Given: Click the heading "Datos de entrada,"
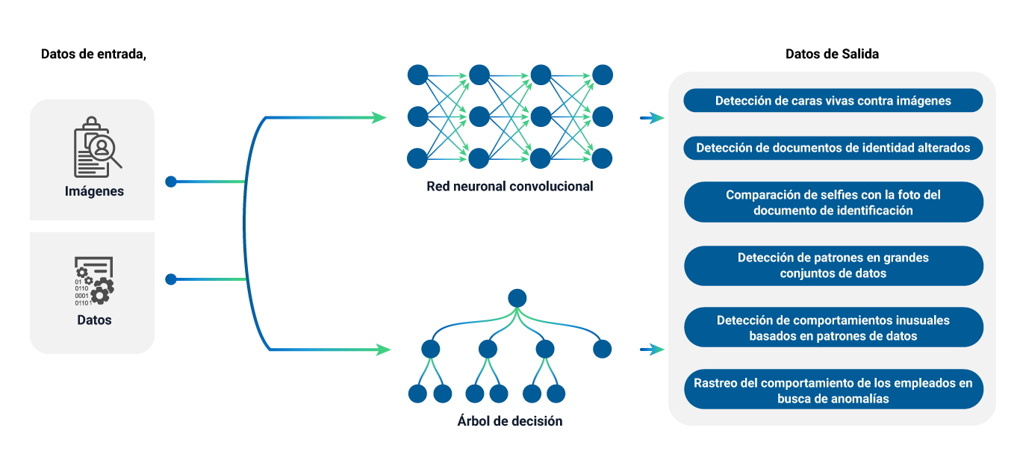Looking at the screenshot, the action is (93, 55).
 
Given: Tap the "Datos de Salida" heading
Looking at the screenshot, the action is (832, 55).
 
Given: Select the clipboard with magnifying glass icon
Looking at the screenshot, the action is (97, 147).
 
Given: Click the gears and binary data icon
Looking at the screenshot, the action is (94, 281).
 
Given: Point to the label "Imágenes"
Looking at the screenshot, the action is (94, 191).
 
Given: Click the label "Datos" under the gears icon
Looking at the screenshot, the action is (94, 320).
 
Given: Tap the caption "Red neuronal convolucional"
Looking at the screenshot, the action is (509, 186).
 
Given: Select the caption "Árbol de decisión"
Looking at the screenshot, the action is (509, 421).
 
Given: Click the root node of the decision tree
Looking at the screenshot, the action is (517, 299).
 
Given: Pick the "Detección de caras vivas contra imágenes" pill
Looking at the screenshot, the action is (833, 100).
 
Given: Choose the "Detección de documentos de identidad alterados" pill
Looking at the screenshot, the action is (833, 148).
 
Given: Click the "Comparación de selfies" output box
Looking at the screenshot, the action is (833, 202).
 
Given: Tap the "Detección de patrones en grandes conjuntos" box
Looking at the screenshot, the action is (833, 266).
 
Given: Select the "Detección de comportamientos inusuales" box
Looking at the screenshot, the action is (833, 328).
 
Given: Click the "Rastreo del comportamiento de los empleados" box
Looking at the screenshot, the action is (833, 390).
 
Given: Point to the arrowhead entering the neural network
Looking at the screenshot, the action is (380, 117).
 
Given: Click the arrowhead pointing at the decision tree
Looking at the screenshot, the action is (384, 349).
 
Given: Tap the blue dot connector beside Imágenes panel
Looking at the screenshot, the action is (171, 181).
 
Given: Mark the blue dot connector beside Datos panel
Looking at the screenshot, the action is (171, 279).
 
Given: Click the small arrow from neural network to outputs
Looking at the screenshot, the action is (652, 118).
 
